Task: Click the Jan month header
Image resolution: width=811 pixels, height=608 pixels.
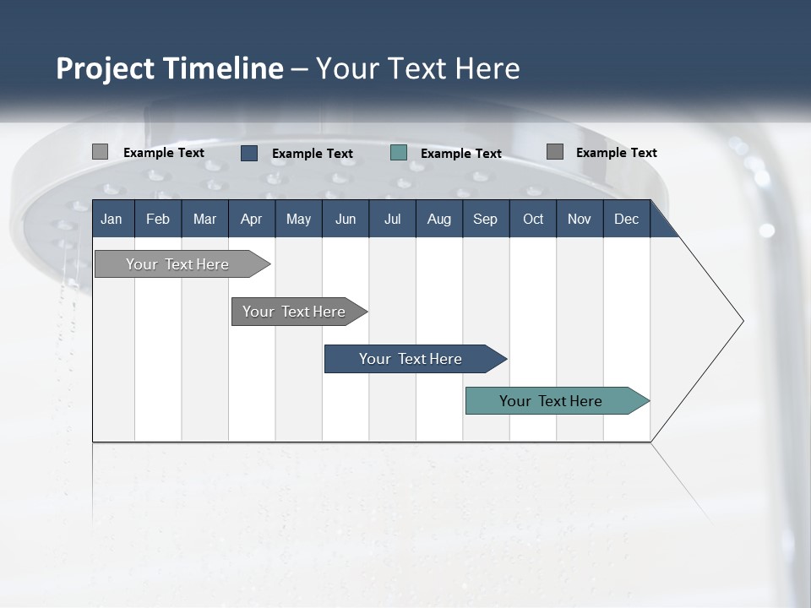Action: point(112,219)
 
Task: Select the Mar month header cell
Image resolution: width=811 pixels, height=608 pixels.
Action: point(204,219)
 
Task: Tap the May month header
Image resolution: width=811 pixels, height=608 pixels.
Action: point(298,219)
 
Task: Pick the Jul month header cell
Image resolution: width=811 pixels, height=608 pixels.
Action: point(392,219)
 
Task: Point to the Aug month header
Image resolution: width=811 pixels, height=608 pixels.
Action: point(438,219)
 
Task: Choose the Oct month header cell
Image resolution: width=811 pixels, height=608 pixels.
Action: point(532,219)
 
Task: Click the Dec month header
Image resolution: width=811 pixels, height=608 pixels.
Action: point(626,219)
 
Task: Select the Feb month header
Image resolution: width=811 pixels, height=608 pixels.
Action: point(158,219)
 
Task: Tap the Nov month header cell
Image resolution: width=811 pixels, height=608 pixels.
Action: point(579,219)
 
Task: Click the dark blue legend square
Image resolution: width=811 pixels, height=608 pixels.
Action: point(249,153)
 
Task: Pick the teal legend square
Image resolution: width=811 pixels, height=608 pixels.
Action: point(399,153)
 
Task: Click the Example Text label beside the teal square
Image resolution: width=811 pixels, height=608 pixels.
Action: point(460,154)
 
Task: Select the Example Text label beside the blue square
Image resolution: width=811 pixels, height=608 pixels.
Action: point(312,154)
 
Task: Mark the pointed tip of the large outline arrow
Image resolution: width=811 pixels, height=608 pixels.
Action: point(742,321)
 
